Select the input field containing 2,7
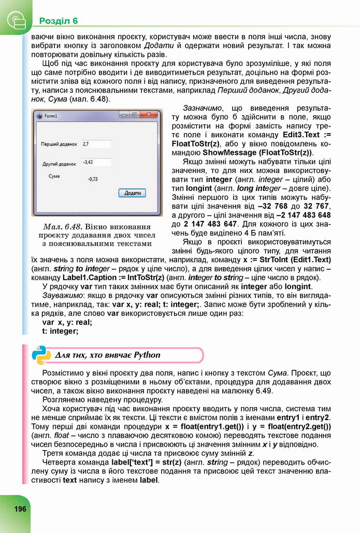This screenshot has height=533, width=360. (x=96, y=143)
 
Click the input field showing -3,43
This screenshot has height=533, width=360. (x=96, y=162)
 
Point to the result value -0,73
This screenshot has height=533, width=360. (x=93, y=179)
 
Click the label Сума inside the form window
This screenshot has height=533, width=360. (x=54, y=176)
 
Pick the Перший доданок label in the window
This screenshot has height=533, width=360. (x=60, y=144)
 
